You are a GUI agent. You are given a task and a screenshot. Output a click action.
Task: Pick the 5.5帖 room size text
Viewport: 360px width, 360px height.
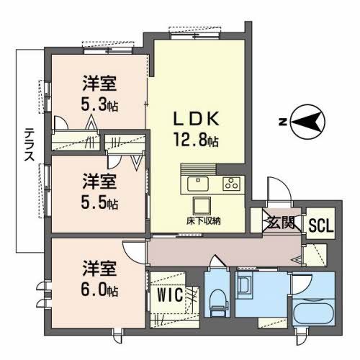tap(99, 202)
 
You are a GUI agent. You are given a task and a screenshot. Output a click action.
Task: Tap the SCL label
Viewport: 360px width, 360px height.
tap(320, 225)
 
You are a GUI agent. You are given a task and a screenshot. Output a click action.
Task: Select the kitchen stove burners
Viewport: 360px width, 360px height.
tap(231, 184)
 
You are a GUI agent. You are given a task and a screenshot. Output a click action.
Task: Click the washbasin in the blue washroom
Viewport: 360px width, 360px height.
tap(245, 286)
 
